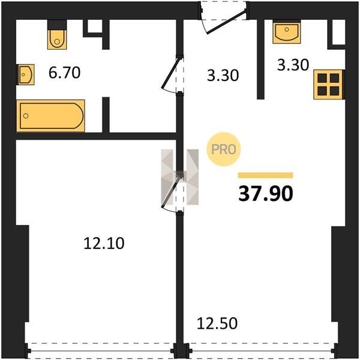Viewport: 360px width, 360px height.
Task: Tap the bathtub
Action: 50,116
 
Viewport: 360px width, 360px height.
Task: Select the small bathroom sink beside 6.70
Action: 25,74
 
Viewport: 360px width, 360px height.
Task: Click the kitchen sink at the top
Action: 287,32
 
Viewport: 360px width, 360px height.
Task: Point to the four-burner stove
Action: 328,85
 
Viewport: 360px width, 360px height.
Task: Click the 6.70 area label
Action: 65,73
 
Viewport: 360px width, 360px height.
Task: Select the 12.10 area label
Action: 104,244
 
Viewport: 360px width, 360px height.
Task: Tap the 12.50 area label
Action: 217,323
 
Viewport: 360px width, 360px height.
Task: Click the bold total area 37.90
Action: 266,194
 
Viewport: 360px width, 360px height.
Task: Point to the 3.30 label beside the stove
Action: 293,65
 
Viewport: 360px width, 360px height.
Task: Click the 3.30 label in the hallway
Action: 223,76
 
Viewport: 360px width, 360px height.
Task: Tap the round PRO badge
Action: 224,149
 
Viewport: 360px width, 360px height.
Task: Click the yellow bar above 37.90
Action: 265,175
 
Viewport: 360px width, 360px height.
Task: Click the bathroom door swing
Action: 172,74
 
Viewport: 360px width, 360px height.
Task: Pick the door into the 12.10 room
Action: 172,193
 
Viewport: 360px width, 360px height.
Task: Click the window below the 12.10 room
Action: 101,351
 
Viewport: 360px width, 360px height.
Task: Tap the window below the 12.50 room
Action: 262,351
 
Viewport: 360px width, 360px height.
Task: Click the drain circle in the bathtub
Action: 26,116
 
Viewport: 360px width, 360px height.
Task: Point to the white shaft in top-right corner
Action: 338,32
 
